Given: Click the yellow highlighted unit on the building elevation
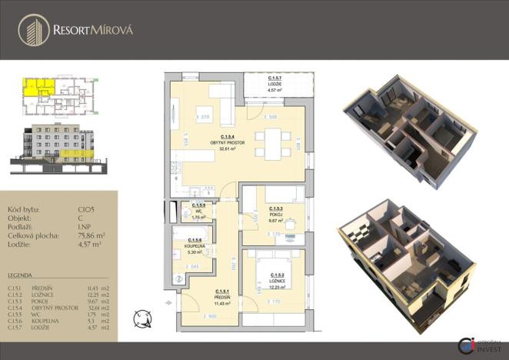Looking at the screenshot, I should (x=77, y=155).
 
